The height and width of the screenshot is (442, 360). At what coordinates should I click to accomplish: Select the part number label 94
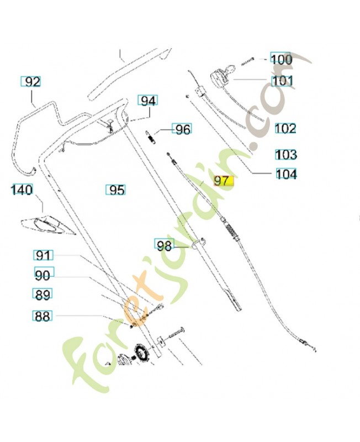(x=147, y=101)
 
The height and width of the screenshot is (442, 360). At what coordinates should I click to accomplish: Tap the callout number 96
(x=182, y=129)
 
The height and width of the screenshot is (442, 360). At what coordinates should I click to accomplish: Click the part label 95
(x=116, y=191)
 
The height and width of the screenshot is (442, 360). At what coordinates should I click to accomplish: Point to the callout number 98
(x=164, y=245)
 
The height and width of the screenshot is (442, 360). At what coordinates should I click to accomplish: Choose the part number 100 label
(x=280, y=59)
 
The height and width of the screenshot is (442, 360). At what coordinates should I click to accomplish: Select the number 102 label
(x=285, y=129)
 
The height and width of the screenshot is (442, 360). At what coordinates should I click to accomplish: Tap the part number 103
(x=286, y=154)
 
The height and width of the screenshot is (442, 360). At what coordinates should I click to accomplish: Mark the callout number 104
(x=286, y=175)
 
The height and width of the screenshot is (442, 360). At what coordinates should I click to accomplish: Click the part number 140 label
(x=22, y=191)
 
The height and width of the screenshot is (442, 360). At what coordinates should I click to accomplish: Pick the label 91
(x=43, y=255)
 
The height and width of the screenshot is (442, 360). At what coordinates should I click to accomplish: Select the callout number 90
(x=43, y=275)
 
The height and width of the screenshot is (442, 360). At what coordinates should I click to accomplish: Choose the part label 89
(x=43, y=294)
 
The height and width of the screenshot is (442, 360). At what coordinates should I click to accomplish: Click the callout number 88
(x=42, y=317)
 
